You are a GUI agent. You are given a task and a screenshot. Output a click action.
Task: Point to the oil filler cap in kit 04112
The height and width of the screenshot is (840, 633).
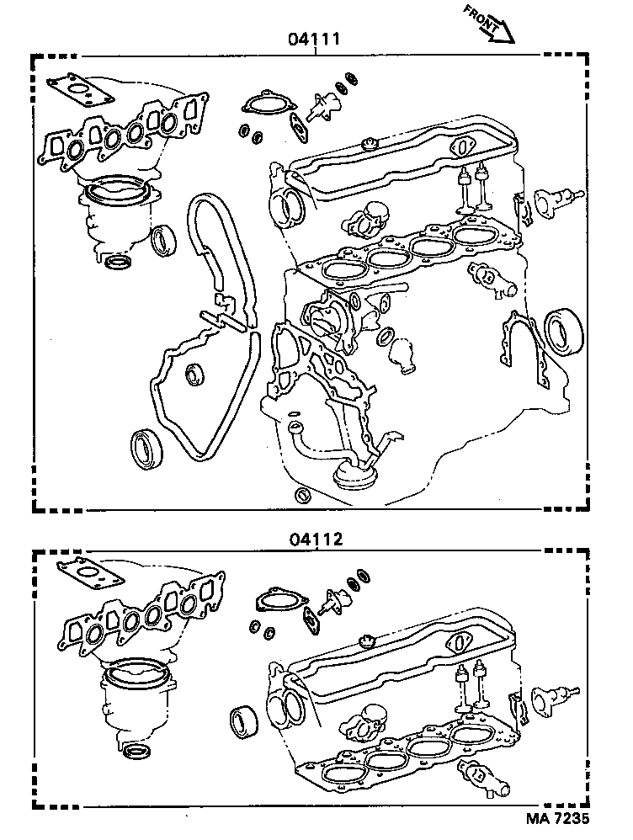[x=366, y=642]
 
